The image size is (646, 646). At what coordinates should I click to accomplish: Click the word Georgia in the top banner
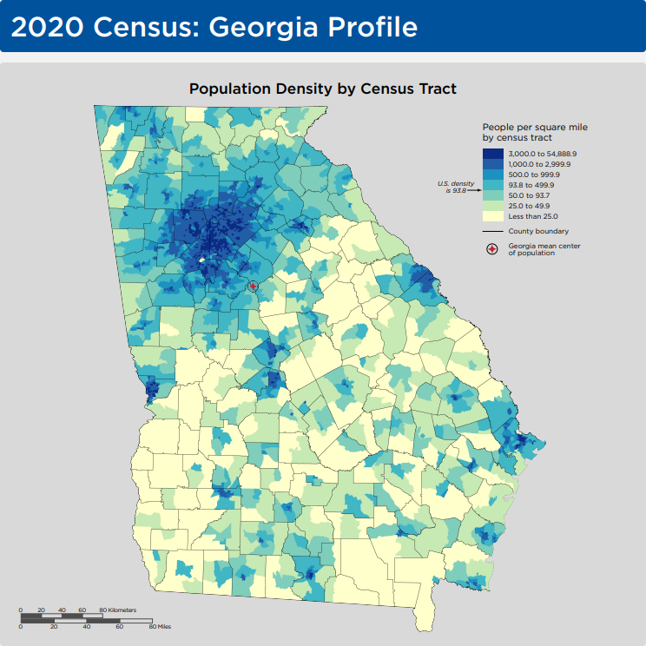[x=252, y=27]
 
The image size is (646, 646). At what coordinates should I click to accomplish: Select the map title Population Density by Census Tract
[x=323, y=89]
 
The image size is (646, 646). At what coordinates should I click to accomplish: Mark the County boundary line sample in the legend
[x=493, y=232]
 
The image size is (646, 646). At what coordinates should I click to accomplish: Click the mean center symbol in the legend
[x=492, y=249]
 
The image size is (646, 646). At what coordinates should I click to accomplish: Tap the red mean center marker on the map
[x=253, y=287]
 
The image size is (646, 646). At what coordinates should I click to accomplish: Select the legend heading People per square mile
[x=534, y=127]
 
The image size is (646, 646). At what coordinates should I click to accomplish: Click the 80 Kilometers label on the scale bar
[x=117, y=610]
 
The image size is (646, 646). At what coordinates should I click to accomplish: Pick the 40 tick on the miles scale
[x=87, y=625]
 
